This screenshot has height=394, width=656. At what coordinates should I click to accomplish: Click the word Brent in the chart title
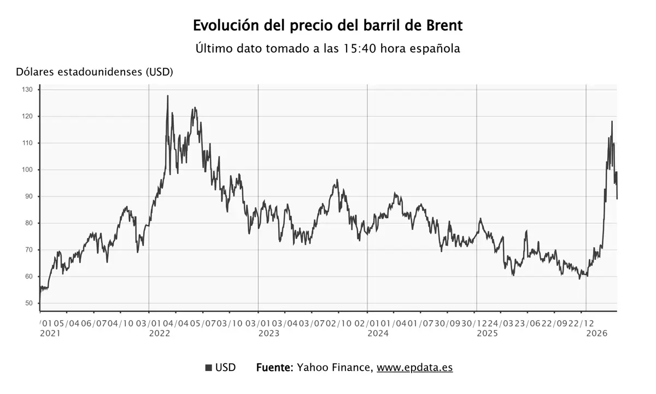pos(442,26)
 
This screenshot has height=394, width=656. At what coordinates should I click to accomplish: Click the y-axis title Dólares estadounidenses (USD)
pos(95,72)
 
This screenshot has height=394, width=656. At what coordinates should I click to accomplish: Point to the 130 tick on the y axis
pos(28,89)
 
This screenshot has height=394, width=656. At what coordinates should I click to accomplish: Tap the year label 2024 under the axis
pos(378,333)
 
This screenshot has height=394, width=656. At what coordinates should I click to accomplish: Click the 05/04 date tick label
pos(67,323)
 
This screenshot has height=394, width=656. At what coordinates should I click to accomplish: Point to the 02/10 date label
pos(339,323)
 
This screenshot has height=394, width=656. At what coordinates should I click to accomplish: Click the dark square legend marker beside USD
pos(208,368)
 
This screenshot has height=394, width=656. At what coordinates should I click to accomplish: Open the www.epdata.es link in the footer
pos(414,368)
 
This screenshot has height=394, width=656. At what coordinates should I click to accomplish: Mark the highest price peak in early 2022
pos(167,96)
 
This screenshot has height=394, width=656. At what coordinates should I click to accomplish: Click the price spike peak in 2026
pos(612,121)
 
